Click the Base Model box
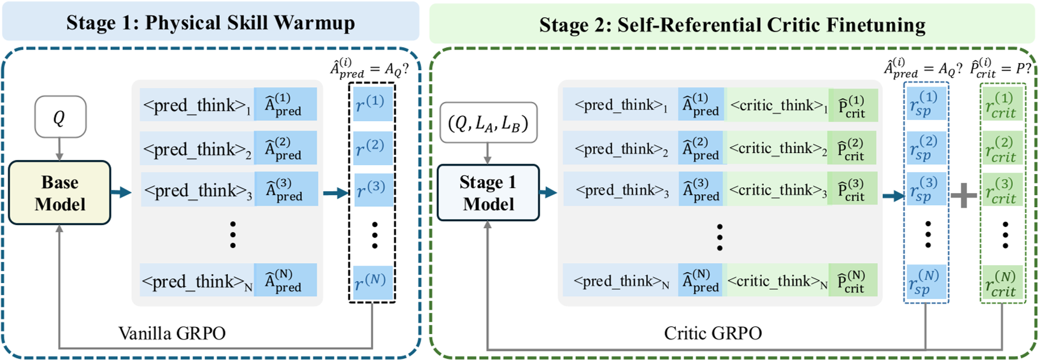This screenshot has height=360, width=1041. [x=60, y=193]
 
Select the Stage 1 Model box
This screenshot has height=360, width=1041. [x=488, y=193]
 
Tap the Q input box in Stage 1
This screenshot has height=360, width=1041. [x=59, y=117]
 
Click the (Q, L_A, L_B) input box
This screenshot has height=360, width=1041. [x=488, y=123]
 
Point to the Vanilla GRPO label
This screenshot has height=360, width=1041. [x=172, y=333]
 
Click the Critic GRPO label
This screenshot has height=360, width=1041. [x=712, y=333]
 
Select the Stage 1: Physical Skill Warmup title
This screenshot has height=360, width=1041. [x=210, y=23]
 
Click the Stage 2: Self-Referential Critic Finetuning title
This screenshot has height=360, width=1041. [x=732, y=25]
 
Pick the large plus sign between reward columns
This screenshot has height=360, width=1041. [x=963, y=195]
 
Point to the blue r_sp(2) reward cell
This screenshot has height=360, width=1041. [x=926, y=148]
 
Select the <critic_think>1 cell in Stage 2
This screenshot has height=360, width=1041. [x=777, y=105]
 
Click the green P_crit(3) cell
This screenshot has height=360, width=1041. [x=852, y=190]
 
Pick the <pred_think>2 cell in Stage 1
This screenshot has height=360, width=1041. [x=197, y=150]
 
